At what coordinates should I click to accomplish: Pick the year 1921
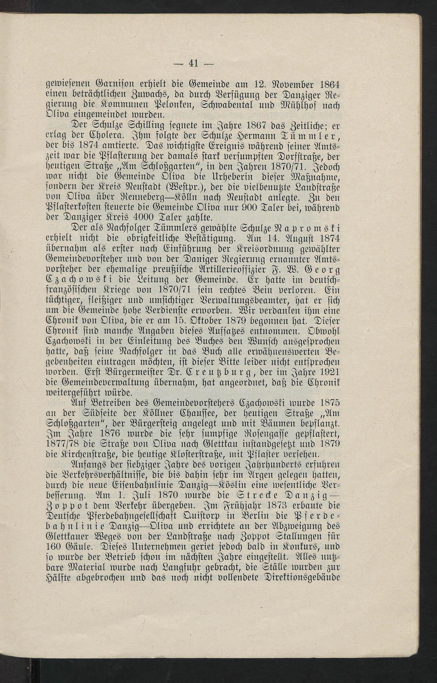tap(328, 374)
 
